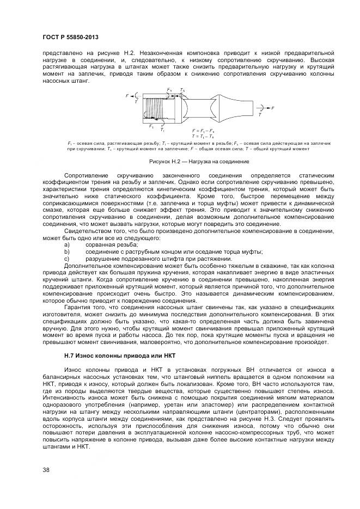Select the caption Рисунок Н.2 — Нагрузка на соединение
(x=199, y=162)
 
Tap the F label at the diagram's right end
(x=272, y=108)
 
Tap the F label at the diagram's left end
(x=127, y=96)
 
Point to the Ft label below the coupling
(x=151, y=126)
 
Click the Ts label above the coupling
(x=182, y=90)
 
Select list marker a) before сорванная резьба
(x=67, y=244)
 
